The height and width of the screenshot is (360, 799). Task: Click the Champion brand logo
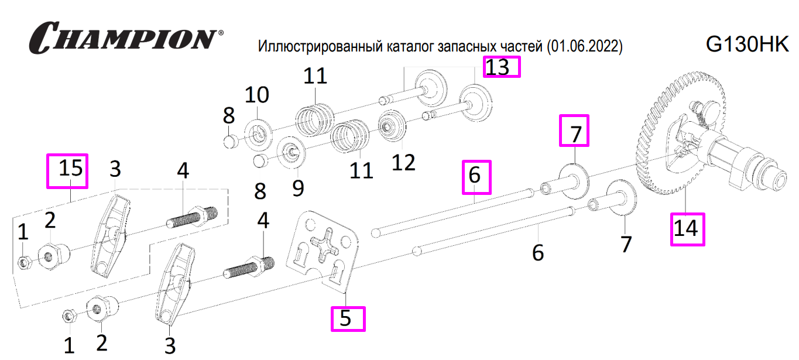126,38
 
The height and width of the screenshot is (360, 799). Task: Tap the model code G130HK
747,44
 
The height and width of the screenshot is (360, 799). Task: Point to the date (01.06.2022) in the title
584,47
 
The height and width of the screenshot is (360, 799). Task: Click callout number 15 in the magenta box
71,168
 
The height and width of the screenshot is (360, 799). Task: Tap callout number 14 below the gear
685,229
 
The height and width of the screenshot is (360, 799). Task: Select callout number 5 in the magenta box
345,318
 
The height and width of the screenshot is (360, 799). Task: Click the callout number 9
298,188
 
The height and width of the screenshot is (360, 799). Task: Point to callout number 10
257,95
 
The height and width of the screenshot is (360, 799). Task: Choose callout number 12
403,163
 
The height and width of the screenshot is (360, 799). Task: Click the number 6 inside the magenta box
474,175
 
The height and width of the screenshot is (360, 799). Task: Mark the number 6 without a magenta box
538,253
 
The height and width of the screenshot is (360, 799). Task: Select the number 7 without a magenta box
626,245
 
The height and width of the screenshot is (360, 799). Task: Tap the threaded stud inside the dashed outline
192,217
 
